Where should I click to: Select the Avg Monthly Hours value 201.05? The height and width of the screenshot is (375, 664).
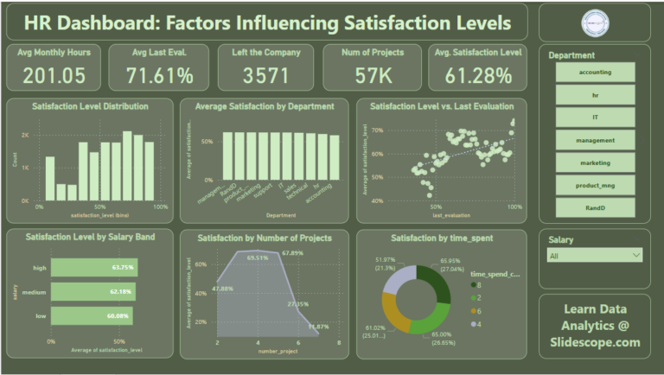point(54,75)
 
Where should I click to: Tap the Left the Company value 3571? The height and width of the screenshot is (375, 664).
point(265,75)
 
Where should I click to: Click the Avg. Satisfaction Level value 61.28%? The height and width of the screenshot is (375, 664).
point(478,75)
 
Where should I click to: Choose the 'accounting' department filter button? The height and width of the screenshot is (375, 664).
point(595,72)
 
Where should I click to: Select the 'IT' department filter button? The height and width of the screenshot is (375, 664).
point(595,117)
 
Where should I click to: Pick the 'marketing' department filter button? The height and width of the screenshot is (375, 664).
point(595,162)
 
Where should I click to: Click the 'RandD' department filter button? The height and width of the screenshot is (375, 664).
point(595,207)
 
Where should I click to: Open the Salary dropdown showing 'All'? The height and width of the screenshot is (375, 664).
point(595,255)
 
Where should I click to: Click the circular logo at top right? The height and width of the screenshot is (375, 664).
point(595,22)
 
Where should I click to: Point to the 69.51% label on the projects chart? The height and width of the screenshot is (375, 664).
point(258,257)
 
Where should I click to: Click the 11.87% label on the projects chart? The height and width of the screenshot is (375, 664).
point(318,327)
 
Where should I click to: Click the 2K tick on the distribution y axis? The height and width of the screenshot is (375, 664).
point(25,136)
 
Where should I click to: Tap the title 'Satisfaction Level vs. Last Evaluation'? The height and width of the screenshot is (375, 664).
point(441,106)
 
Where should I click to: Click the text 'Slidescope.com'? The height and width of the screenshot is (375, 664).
point(595,342)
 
